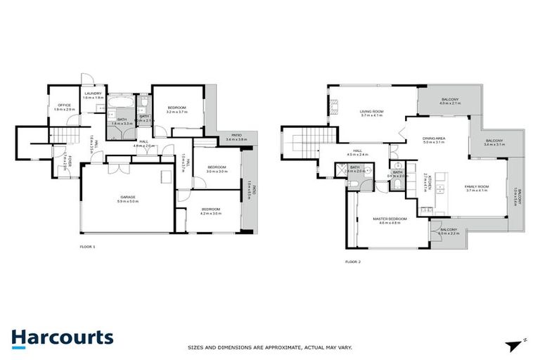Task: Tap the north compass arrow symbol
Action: coord(511,345)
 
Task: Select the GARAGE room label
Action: coord(127,197)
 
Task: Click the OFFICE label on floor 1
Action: coord(64,105)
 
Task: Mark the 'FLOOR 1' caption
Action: coord(87,247)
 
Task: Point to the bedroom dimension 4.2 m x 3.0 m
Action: coord(211,213)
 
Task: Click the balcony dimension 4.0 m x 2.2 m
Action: coord(449,234)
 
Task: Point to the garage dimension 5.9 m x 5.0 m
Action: coord(127,202)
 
